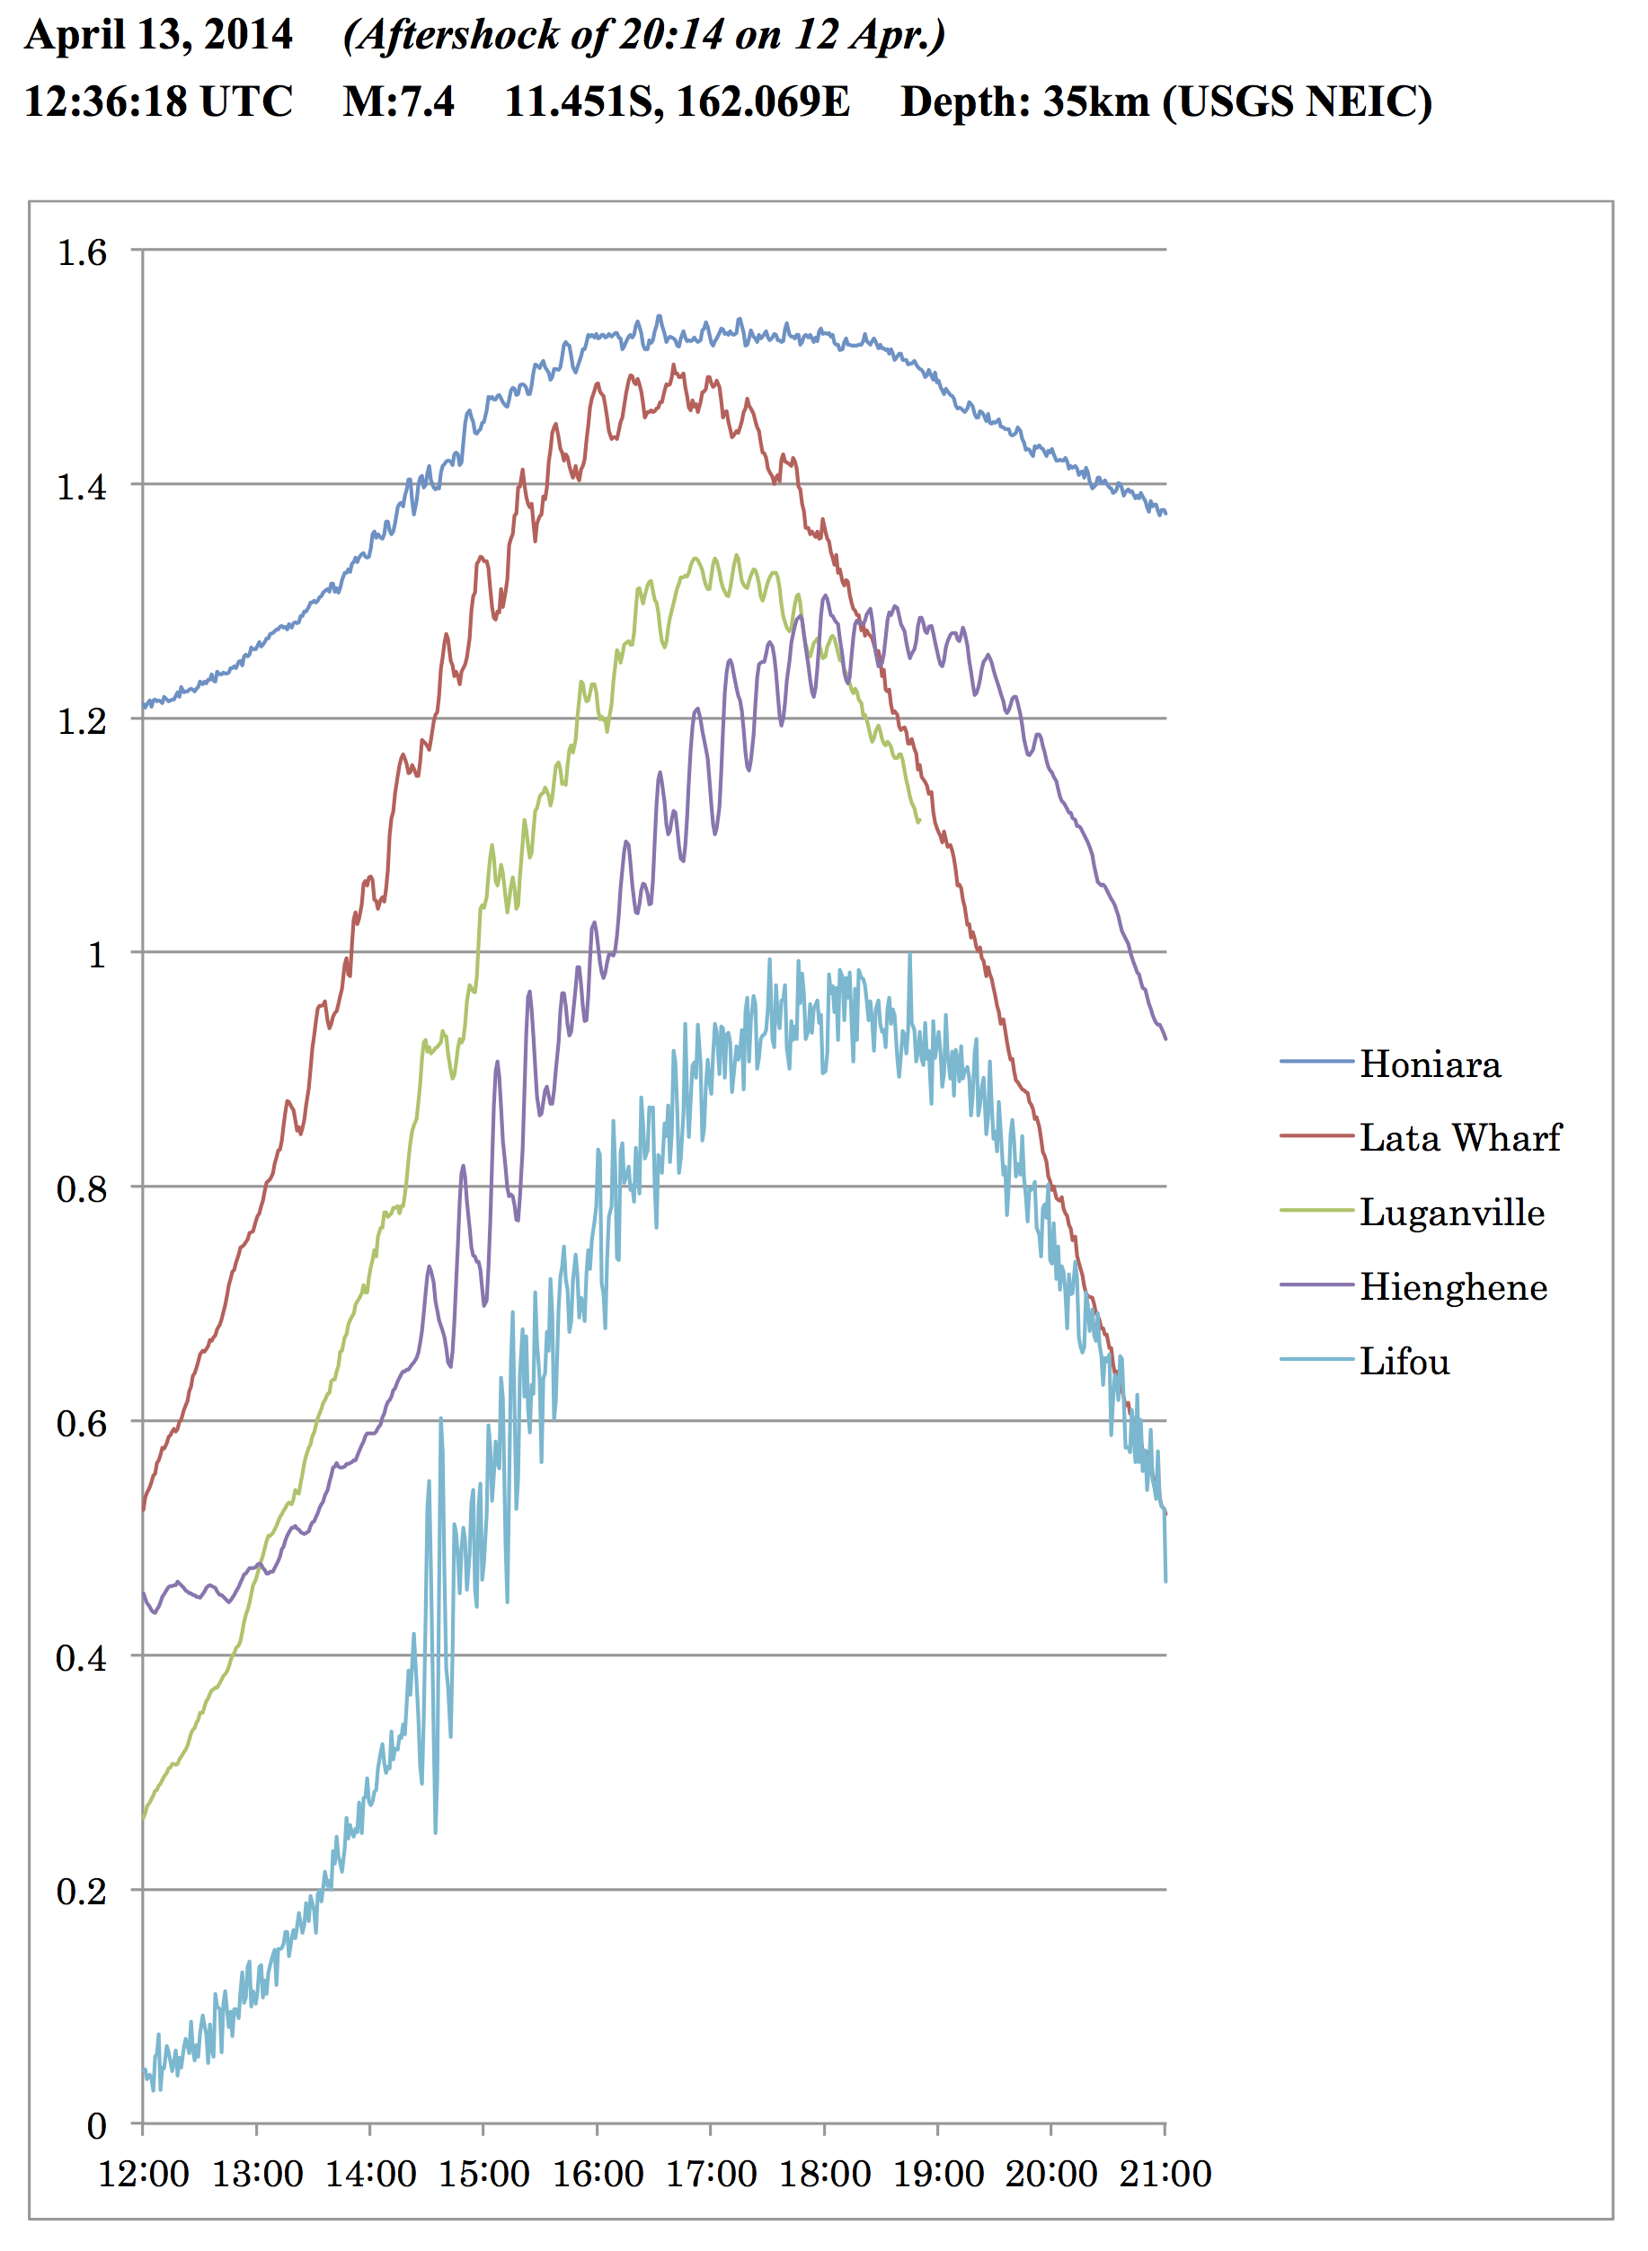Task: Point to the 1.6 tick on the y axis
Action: point(82,252)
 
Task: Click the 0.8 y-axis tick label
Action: point(82,1189)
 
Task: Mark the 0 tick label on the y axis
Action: point(97,2125)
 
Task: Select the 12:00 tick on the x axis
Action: point(144,2175)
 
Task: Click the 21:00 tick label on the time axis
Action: point(1165,2175)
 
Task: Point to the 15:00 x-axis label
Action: point(483,2175)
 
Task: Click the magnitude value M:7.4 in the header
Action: point(399,102)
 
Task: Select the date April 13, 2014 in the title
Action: point(159,35)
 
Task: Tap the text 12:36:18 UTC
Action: point(159,102)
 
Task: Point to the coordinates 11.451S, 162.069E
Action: point(678,102)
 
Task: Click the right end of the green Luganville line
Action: point(918,822)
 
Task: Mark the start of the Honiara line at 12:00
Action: point(144,707)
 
